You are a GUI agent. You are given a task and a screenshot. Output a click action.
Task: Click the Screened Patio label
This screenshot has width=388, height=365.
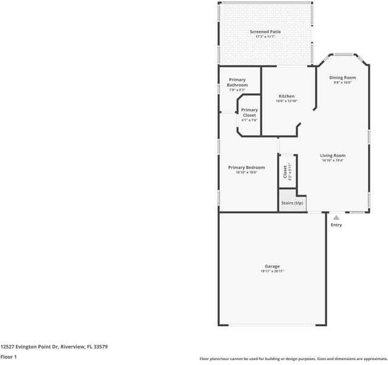[265, 32]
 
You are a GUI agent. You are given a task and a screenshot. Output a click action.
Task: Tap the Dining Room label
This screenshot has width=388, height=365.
[342, 78]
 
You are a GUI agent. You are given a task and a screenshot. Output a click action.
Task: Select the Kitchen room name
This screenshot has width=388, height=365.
[287, 96]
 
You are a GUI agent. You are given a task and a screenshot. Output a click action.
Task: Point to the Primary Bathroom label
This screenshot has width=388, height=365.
[237, 82]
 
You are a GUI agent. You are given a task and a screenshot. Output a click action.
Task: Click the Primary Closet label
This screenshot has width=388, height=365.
[249, 113]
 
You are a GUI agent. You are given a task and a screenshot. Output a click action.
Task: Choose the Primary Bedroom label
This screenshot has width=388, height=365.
[247, 167]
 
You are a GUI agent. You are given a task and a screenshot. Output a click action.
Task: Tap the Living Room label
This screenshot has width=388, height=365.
[333, 156]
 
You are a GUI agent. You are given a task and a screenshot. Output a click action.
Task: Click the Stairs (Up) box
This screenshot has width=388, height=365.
[291, 203]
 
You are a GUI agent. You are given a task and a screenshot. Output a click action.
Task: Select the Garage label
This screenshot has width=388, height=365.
[272, 266]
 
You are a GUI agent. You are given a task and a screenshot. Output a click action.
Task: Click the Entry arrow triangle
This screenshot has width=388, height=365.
[336, 217]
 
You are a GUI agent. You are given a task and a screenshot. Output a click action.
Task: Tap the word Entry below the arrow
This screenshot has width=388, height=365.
[336, 225]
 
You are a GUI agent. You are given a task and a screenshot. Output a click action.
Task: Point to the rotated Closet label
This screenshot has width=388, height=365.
[285, 172]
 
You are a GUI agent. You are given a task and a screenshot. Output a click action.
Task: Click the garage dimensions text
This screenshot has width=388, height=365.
[272, 271]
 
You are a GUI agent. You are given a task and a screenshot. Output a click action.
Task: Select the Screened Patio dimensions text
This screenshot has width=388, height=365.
[265, 37]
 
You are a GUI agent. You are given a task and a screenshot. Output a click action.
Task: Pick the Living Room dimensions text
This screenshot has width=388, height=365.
[333, 161]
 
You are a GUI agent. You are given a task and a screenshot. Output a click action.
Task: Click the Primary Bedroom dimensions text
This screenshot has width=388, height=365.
[247, 173]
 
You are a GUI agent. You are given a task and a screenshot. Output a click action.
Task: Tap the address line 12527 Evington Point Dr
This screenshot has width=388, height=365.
[54, 347]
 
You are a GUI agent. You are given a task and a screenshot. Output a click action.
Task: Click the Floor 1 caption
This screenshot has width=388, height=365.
[9, 356]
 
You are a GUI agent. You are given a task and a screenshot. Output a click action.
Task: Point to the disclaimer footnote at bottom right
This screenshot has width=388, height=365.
[293, 359]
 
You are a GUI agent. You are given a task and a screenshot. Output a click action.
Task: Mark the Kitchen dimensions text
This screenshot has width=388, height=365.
[287, 101]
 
